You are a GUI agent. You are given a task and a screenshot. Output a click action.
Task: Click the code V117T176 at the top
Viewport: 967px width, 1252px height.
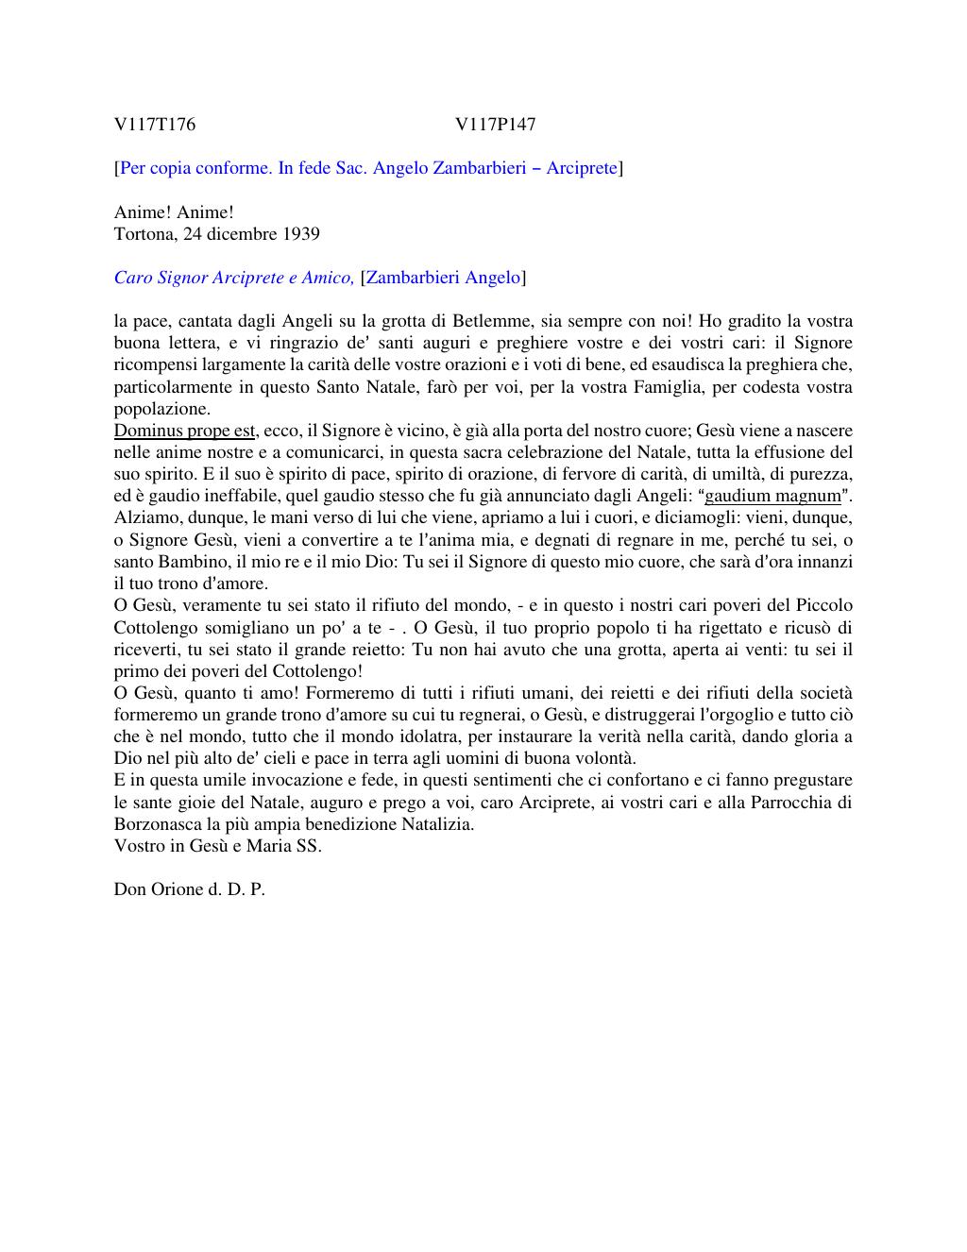click(x=155, y=125)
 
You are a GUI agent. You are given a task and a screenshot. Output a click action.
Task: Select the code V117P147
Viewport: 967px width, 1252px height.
click(x=495, y=125)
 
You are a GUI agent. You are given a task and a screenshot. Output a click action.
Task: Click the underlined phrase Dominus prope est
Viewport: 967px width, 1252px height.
click(x=185, y=431)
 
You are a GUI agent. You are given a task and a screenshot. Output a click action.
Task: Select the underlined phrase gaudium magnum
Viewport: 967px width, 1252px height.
click(x=772, y=497)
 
